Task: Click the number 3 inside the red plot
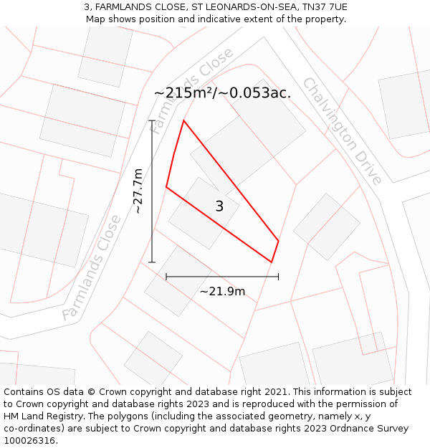click(219, 206)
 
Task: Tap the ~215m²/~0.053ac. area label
click(222, 93)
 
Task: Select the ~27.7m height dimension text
click(138, 191)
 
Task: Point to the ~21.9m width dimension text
click(222, 291)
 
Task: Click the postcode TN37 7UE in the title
click(322, 7)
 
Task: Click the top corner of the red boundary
click(183, 120)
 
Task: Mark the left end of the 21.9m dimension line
click(166, 276)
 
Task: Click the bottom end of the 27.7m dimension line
click(152, 262)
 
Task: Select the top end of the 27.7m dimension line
click(152, 120)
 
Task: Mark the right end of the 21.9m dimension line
click(278, 276)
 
